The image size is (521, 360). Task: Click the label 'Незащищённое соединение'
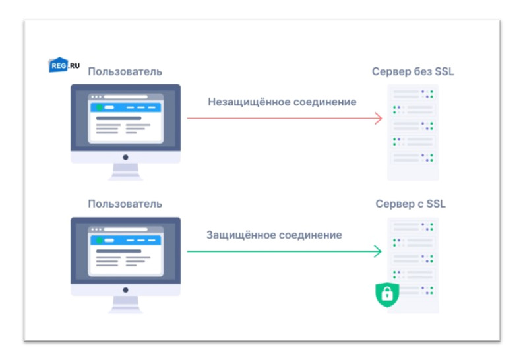click(x=282, y=102)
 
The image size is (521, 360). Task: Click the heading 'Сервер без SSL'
click(x=413, y=71)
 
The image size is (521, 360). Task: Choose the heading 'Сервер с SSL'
click(x=410, y=204)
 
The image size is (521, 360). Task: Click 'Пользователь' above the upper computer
click(x=125, y=71)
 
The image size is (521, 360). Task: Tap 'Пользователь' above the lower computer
click(x=125, y=204)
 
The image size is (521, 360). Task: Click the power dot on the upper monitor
click(x=125, y=158)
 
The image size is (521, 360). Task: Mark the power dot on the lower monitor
click(x=125, y=291)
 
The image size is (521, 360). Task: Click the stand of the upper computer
click(x=125, y=173)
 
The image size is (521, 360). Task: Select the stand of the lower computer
click(x=125, y=305)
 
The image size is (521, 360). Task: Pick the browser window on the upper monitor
click(x=125, y=119)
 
